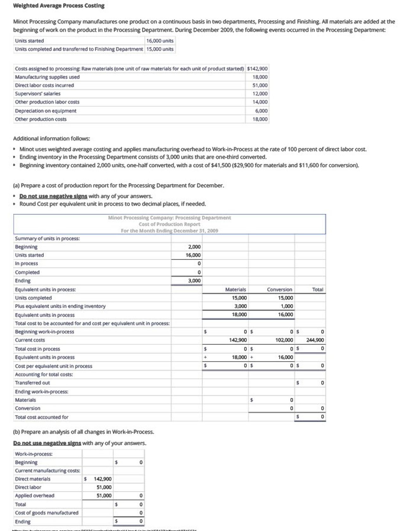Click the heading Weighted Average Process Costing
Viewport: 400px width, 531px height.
(59, 6)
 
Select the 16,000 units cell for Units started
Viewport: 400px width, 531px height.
(160, 41)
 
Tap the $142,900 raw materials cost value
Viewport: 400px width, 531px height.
(257, 69)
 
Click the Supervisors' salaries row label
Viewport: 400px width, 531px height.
(38, 94)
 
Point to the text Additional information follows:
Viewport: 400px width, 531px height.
(52, 139)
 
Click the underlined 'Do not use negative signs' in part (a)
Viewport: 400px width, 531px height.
(53, 196)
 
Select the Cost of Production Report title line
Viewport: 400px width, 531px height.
(169, 224)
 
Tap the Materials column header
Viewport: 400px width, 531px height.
(235, 289)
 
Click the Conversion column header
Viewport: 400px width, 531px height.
(279, 289)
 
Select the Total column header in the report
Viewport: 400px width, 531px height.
(318, 289)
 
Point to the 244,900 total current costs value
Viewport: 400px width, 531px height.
(315, 340)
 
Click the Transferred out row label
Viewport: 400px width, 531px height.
(32, 383)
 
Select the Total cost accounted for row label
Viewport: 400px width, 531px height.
(41, 417)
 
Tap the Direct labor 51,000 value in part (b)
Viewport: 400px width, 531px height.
(104, 487)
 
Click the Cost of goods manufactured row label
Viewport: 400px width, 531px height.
(47, 513)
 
